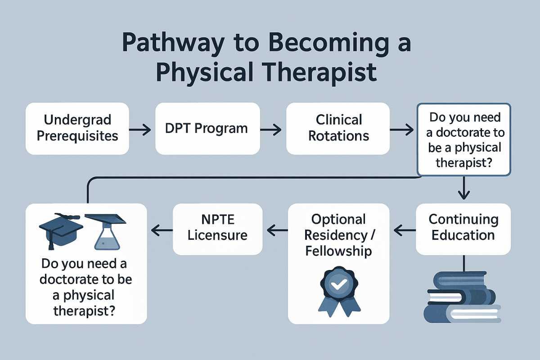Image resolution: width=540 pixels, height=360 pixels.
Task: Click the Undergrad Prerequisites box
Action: [77, 128]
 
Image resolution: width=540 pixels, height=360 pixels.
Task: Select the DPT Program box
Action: [207, 128]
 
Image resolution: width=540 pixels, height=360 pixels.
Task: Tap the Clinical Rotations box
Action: [338, 128]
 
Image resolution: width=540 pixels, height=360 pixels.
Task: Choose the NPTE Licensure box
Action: [218, 229]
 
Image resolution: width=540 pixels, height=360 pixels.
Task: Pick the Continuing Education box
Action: [463, 229]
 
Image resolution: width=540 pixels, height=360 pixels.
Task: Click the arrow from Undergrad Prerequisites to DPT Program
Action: [140, 130]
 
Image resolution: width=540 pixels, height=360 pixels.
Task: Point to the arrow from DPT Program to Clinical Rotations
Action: [271, 130]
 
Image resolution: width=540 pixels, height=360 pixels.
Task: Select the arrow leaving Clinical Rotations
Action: [401, 130]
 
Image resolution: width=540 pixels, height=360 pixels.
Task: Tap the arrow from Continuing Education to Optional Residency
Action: [404, 230]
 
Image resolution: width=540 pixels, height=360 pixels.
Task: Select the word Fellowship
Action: [338, 251]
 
